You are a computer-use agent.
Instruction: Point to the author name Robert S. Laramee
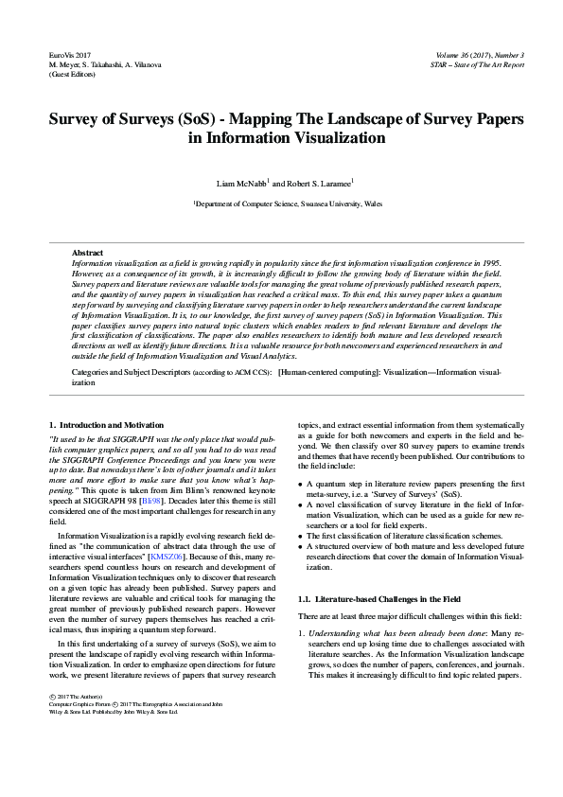pos(319,181)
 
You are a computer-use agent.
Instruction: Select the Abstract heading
pos(88,253)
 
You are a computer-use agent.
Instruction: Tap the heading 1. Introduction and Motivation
pos(106,425)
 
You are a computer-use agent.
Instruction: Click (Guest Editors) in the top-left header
pos(71,74)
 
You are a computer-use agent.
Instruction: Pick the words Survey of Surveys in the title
pos(118,121)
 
